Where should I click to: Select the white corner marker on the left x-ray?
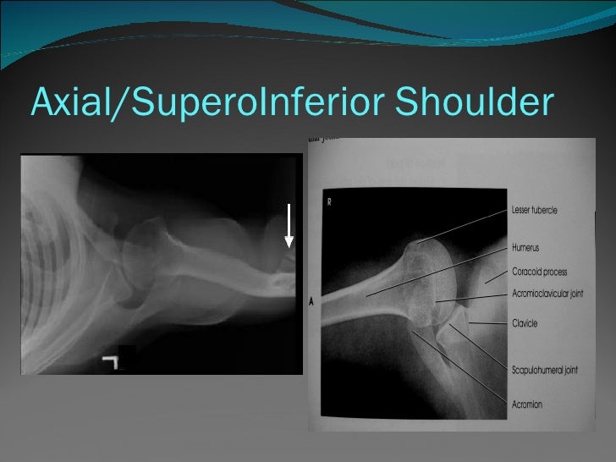pos(109,362)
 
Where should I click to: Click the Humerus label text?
pos(525,248)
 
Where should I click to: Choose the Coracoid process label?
pos(539,272)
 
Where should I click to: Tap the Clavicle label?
pos(525,323)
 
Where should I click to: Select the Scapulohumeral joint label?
pos(544,370)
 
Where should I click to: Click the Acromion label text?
pos(527,404)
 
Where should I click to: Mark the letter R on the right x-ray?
pos(329,203)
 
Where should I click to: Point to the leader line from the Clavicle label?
pos(487,323)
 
